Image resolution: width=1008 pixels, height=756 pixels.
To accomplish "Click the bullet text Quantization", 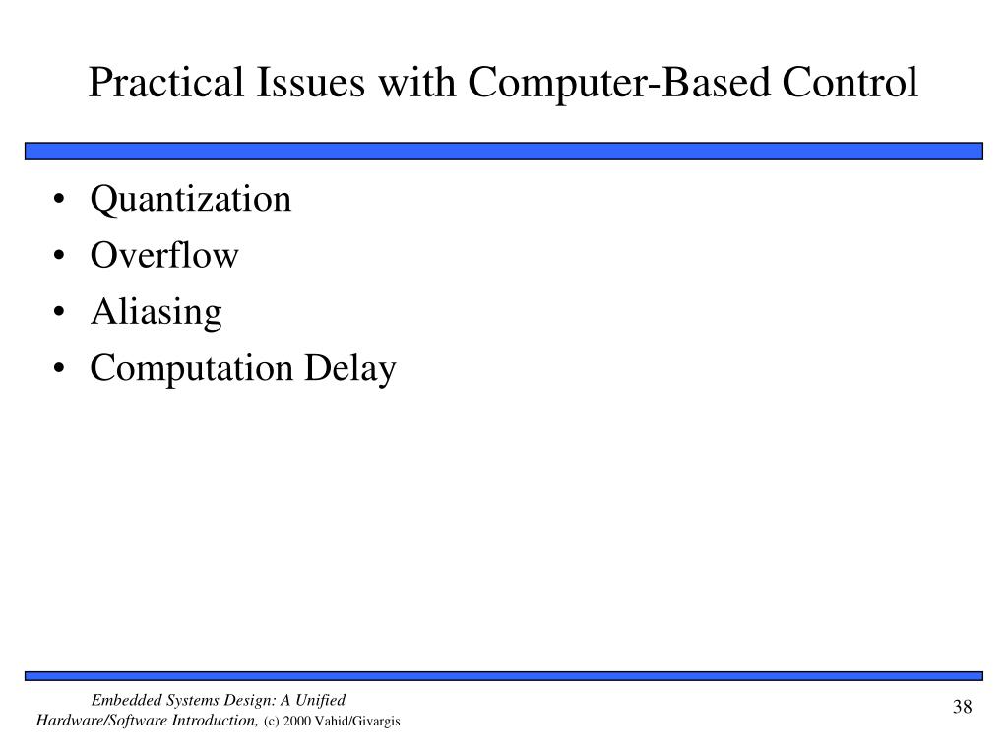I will [191, 200].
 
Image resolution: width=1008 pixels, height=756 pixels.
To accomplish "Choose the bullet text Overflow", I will [164, 256].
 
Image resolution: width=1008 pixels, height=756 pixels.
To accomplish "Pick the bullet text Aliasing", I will [157, 313].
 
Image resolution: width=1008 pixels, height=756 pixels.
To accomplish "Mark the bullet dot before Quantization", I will [63, 201].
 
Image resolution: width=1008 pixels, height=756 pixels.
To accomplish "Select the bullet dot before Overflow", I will [63, 257].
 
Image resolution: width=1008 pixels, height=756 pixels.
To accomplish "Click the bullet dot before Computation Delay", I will [63, 371].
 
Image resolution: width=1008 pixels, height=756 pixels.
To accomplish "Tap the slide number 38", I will [962, 709].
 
